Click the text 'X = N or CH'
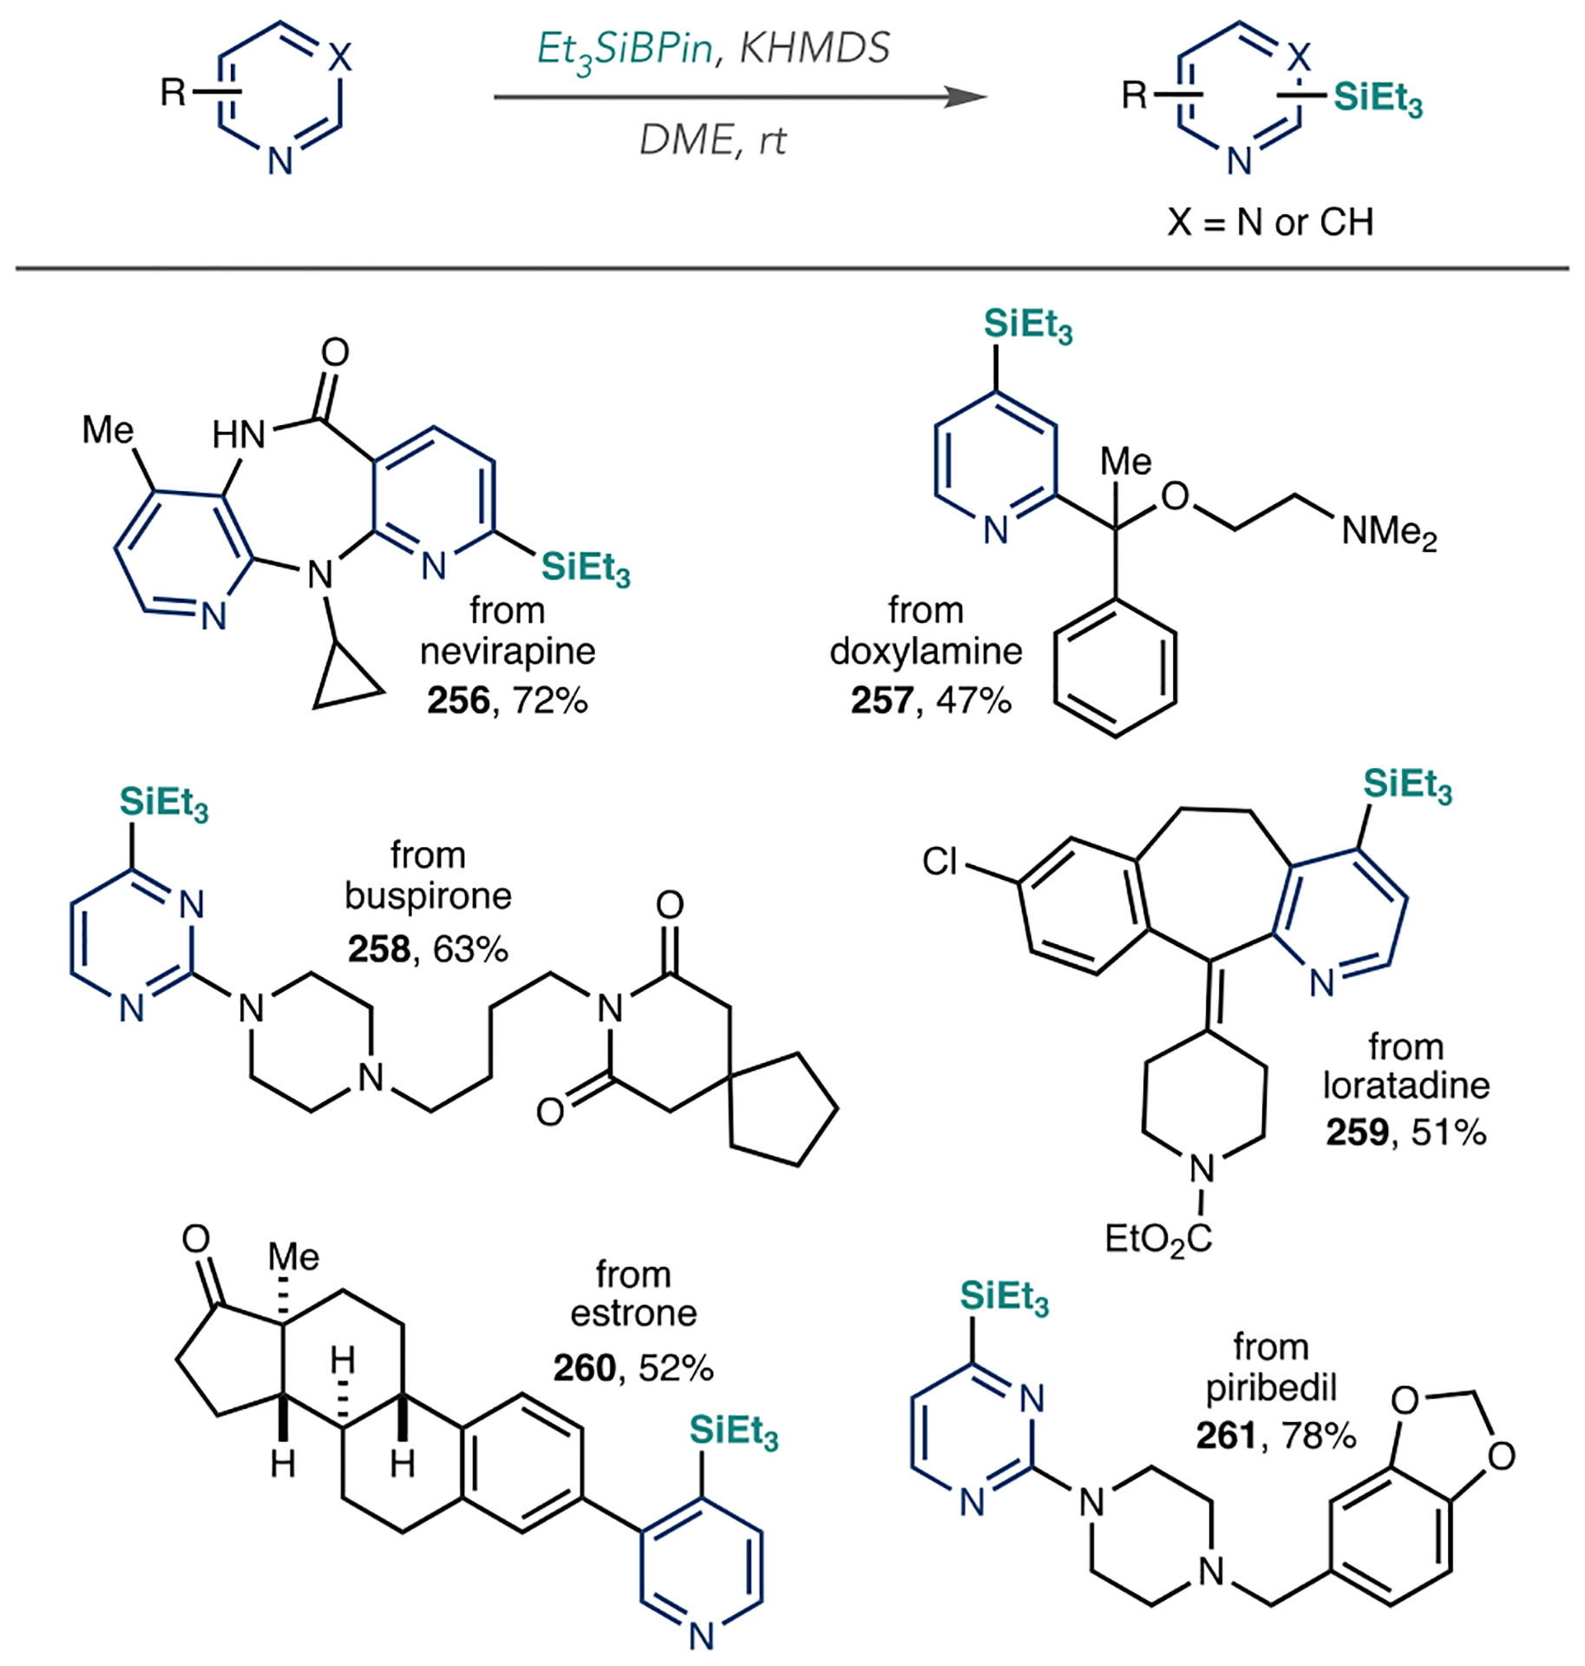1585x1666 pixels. pyautogui.click(x=1270, y=222)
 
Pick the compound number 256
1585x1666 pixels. pyautogui.click(x=458, y=700)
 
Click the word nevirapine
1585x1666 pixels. pyautogui.click(x=508, y=651)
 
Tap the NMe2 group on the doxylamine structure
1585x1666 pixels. pyautogui.click(x=1389, y=531)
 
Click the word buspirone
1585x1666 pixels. pyautogui.click(x=428, y=895)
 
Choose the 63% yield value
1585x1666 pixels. pyautogui.click(x=471, y=949)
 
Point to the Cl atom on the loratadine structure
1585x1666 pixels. pyautogui.click(x=940, y=862)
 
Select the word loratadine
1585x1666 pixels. pyautogui.click(x=1405, y=1086)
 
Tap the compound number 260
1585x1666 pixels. pyautogui.click(x=585, y=1368)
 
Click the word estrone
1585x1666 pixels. pyautogui.click(x=633, y=1313)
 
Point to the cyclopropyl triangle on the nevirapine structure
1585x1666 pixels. pyautogui.click(x=344, y=683)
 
